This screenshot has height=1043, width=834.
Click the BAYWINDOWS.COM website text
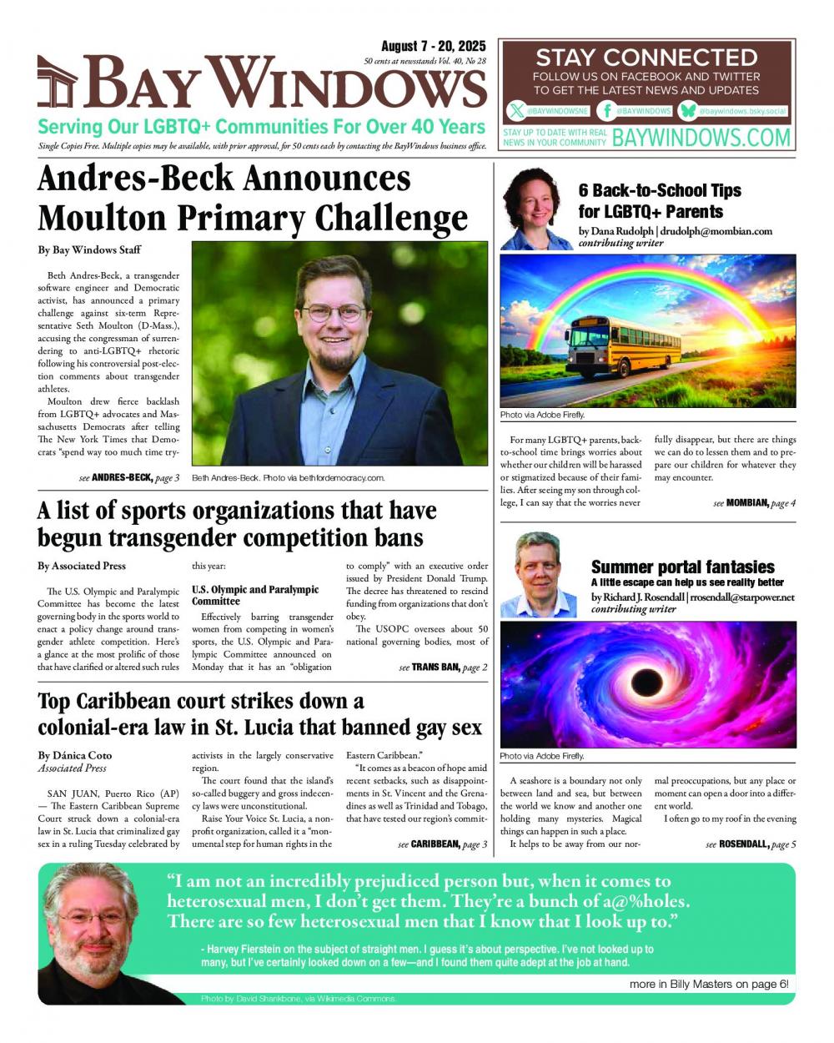click(x=701, y=138)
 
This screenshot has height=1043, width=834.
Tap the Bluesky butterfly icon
click(x=687, y=110)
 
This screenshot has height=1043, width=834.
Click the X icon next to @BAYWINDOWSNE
click(x=517, y=110)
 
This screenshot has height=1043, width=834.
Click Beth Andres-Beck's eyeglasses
click(x=333, y=313)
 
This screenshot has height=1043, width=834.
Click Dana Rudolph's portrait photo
click(x=536, y=209)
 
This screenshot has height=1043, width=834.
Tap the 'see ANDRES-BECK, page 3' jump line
click(x=129, y=478)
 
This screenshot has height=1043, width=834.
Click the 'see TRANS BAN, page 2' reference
click(x=443, y=668)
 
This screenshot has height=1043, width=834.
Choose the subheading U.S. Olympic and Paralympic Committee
click(x=255, y=595)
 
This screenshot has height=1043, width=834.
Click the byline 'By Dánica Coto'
click(x=75, y=755)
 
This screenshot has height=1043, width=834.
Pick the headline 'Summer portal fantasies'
click(x=682, y=567)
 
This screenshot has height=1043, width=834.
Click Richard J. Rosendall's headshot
click(x=537, y=574)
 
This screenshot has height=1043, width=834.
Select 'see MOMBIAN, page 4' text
click(x=754, y=503)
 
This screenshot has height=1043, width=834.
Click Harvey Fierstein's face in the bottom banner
click(x=93, y=918)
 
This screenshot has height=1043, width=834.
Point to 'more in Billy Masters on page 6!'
click(x=708, y=984)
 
